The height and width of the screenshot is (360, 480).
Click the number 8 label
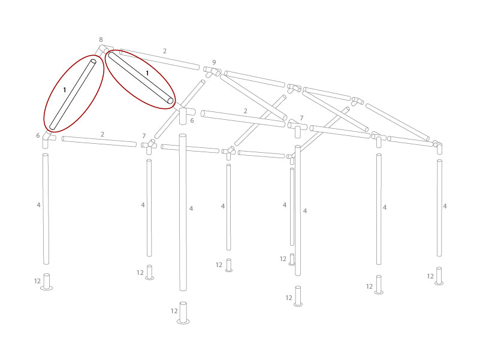101,40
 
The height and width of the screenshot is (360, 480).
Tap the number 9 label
214,62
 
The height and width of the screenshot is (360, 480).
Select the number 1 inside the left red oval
64,90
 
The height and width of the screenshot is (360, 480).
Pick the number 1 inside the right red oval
147,73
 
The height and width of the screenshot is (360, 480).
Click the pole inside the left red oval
73,95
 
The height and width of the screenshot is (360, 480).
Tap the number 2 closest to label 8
164,52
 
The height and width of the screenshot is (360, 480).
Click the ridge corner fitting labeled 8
104,50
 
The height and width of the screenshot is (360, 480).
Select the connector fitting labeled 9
212,71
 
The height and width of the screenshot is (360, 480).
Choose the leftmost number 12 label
37,281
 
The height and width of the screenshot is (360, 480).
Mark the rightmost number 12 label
430,276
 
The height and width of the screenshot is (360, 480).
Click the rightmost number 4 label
445,206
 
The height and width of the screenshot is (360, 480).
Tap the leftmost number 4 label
38,205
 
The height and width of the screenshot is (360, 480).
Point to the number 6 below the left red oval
38,136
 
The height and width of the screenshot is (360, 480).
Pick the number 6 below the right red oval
192,121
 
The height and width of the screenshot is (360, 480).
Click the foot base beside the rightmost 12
439,276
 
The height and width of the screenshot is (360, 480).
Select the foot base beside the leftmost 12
46,282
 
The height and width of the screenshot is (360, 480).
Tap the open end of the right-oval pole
170,101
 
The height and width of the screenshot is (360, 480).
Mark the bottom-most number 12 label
174,311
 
